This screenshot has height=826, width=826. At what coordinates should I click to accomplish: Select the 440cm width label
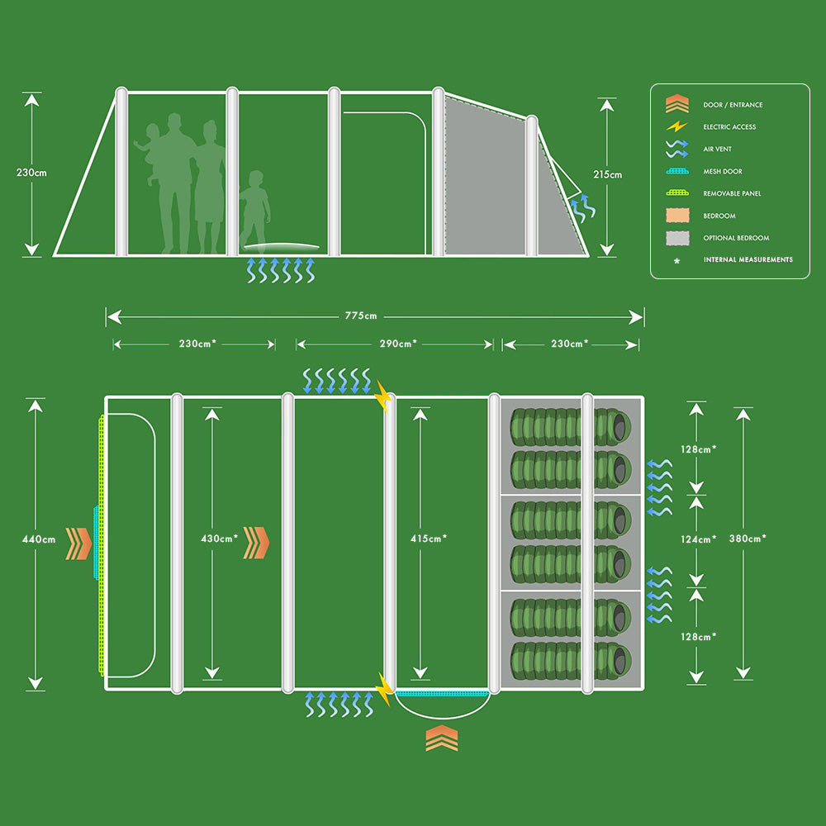(x=37, y=539)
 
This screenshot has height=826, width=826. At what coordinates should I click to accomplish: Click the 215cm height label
(x=607, y=174)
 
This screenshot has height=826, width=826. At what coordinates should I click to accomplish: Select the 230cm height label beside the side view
(x=31, y=173)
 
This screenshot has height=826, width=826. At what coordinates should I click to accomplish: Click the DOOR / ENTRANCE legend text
(x=733, y=105)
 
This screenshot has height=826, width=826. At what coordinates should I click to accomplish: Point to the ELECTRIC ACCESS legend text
(x=729, y=127)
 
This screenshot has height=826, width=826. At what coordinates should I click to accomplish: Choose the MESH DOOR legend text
(x=723, y=172)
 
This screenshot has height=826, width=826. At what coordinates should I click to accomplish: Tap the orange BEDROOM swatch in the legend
(x=676, y=216)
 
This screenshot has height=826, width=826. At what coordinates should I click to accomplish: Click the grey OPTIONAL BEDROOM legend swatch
(x=676, y=238)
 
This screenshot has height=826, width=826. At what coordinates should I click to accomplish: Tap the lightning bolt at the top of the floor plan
(x=383, y=396)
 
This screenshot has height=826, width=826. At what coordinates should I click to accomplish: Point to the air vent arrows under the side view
(x=282, y=270)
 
